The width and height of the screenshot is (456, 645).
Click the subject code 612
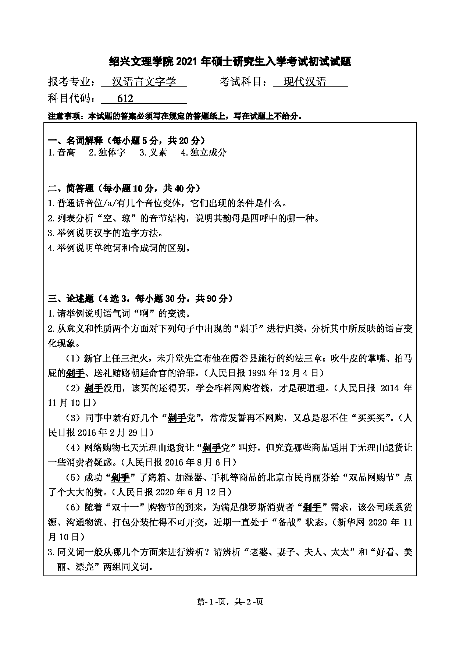(x=125, y=99)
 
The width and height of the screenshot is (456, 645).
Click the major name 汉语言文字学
(x=144, y=82)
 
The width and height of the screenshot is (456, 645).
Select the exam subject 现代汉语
(x=305, y=82)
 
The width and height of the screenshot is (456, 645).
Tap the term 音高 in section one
(x=66, y=153)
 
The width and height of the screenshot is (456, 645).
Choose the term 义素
(x=158, y=153)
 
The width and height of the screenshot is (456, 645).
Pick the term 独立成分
(x=208, y=153)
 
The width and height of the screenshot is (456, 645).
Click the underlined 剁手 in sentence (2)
(x=93, y=388)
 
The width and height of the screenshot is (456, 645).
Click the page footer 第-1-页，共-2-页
(x=230, y=602)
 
